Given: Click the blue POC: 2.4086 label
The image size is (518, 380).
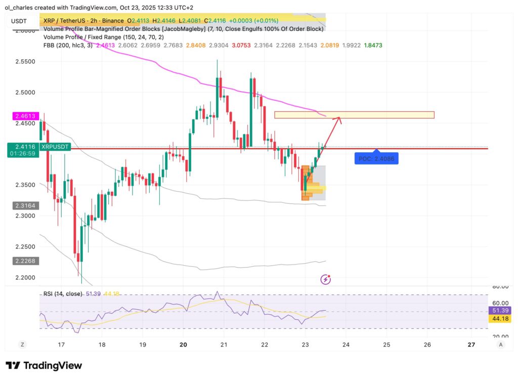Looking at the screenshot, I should point(375,159).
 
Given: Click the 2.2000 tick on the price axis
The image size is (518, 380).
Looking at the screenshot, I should point(24,277).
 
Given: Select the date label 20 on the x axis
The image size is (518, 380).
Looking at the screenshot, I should point(183,345).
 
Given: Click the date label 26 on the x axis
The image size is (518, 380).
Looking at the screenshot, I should point(427,345).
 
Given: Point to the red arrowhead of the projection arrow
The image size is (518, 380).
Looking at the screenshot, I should point(339,119).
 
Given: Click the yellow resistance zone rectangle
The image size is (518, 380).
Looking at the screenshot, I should point(354,115).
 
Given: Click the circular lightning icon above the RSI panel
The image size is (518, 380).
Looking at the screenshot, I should point(326,279).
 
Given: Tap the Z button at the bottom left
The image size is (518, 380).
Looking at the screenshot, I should point(22,344).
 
